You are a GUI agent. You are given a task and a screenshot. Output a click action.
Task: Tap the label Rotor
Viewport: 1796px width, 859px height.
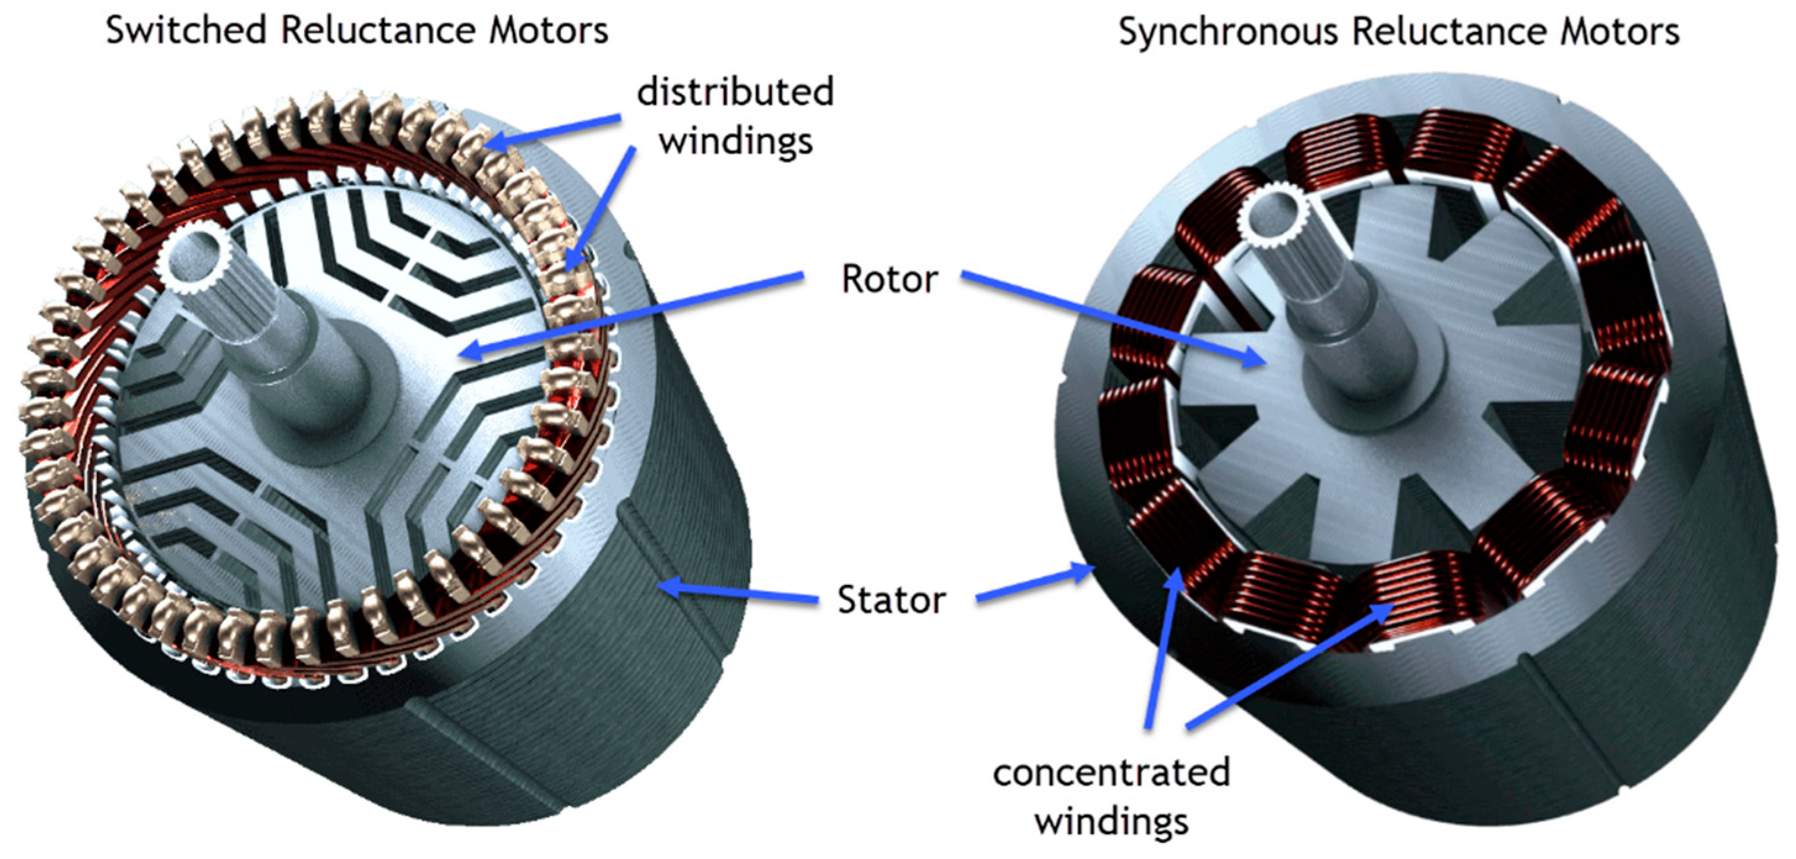[889, 280]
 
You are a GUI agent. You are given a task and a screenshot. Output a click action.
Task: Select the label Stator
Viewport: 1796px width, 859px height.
[891, 600]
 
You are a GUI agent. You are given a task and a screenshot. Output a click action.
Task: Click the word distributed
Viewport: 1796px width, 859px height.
[735, 93]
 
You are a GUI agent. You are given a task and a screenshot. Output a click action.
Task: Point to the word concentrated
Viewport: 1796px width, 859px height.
[1112, 773]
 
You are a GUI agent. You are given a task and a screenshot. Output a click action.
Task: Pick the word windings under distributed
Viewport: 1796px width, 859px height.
[736, 141]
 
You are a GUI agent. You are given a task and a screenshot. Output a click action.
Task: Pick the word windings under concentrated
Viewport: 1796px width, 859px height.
[1112, 821]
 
